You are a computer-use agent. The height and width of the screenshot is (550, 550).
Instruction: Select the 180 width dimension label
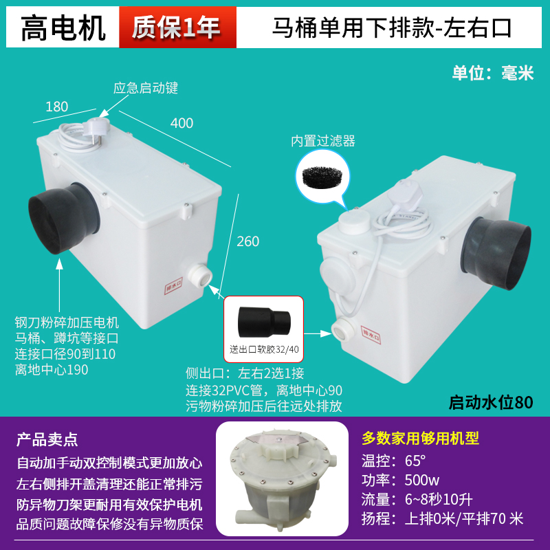click(x=57, y=107)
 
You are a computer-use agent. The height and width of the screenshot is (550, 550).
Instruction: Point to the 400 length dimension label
click(x=181, y=123)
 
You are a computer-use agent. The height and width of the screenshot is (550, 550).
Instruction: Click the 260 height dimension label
click(x=248, y=241)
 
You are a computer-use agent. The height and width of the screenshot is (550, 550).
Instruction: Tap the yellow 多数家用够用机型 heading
click(x=420, y=438)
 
